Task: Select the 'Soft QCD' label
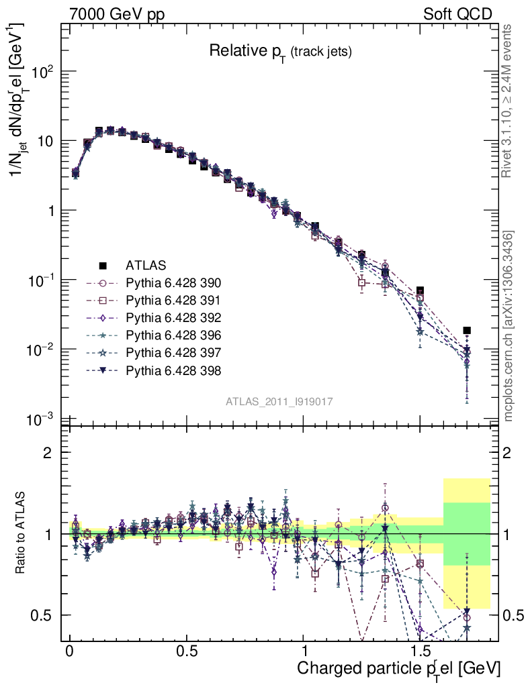pyautogui.click(x=457, y=14)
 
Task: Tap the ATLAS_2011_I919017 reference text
pyautogui.click(x=279, y=401)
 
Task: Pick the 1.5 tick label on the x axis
pyautogui.click(x=420, y=651)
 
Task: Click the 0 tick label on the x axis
pyautogui.click(x=70, y=651)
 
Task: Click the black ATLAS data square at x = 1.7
pyautogui.click(x=467, y=330)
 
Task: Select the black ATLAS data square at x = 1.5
pyautogui.click(x=420, y=290)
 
